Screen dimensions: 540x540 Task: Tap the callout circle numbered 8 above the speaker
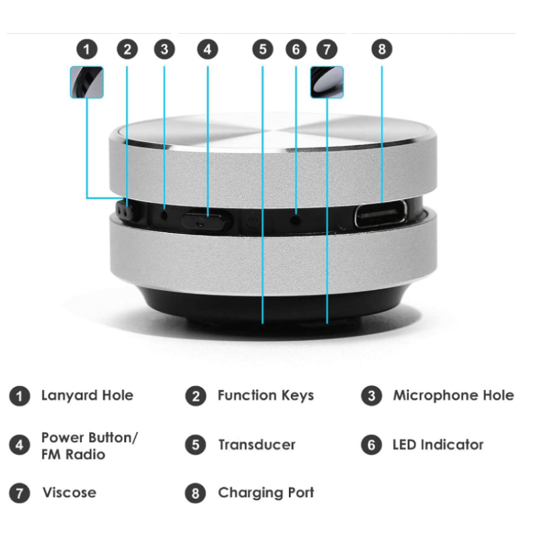click(x=381, y=49)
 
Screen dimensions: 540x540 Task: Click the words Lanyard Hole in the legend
click(x=87, y=396)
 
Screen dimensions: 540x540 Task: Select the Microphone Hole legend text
click(x=453, y=396)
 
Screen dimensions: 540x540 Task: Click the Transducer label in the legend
click(x=256, y=445)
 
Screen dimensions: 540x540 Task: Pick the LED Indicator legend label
click(x=438, y=445)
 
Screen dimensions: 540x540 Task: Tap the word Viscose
click(x=69, y=493)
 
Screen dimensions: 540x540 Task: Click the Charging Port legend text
click(x=266, y=493)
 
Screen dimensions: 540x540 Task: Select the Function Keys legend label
click(x=265, y=396)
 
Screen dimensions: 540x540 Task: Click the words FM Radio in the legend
click(x=73, y=454)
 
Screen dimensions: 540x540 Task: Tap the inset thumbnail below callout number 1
click(x=86, y=82)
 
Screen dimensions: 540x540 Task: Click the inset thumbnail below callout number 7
click(x=327, y=82)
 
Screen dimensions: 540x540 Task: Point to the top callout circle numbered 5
click(x=263, y=49)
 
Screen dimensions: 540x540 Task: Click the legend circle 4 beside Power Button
click(x=20, y=446)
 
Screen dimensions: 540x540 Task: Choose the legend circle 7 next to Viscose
click(x=20, y=493)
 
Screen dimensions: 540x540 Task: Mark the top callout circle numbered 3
click(x=164, y=49)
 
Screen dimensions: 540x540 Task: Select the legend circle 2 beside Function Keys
click(x=196, y=396)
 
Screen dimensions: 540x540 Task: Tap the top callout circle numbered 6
click(x=296, y=49)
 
